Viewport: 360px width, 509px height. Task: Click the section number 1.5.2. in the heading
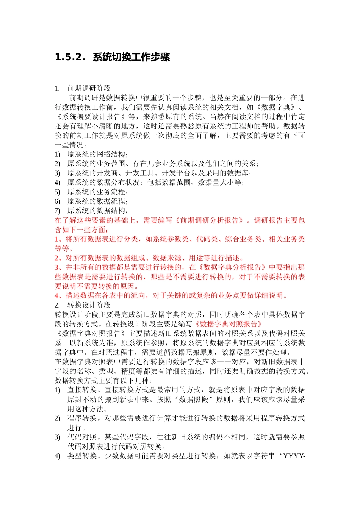[x=69, y=57]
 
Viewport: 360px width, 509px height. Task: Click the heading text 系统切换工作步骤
[x=131, y=57]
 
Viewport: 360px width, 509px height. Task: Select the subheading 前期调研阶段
[x=89, y=88]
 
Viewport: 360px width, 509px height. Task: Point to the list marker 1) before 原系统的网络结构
[x=58, y=154]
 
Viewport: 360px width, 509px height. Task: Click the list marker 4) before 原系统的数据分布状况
[x=58, y=183]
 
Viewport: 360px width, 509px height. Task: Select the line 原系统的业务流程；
[x=98, y=192]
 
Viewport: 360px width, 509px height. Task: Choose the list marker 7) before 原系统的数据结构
[x=58, y=211]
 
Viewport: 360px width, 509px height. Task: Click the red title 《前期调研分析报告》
[x=209, y=220]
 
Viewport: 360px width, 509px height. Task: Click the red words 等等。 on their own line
[x=64, y=248]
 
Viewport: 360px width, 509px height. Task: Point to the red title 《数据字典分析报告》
[x=232, y=267]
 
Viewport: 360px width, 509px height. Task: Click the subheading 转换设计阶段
[x=89, y=305]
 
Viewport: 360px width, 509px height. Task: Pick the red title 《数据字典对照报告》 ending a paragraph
[x=228, y=324]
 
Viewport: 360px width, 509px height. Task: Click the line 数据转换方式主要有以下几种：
[x=103, y=380]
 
